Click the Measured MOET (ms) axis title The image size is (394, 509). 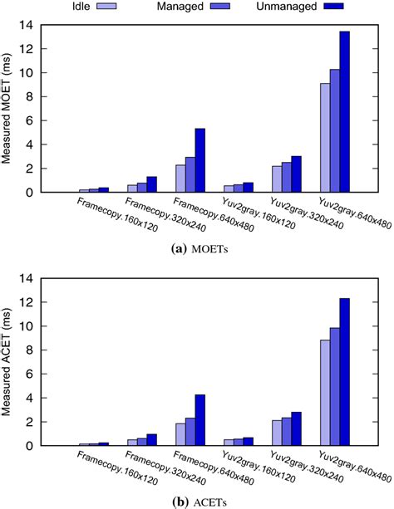pos(11,109)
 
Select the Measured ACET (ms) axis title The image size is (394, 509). pos(11,362)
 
